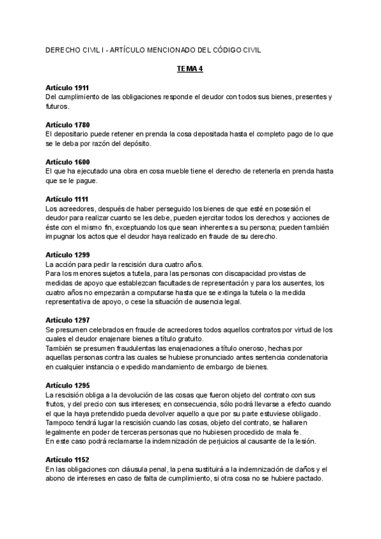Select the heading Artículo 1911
67,87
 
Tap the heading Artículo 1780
67,125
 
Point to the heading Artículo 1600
67,162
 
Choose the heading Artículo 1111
67,200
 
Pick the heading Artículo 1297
67,320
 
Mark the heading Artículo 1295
67,386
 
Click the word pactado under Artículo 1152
311,479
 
